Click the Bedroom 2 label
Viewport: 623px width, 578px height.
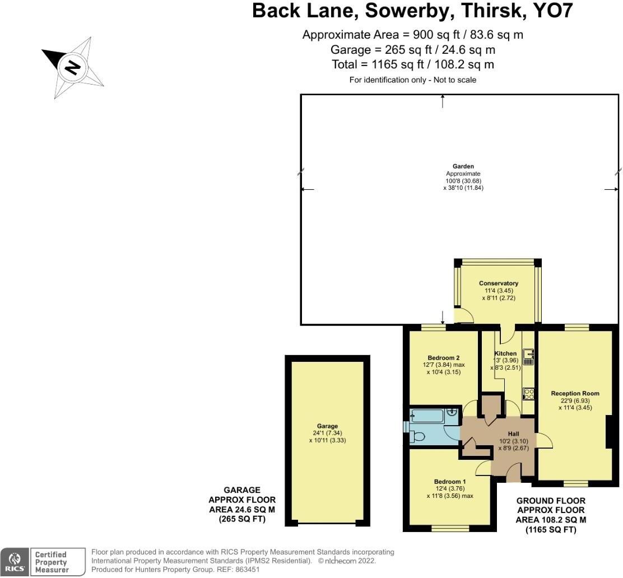pos(443,358)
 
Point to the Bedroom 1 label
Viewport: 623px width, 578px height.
pos(449,481)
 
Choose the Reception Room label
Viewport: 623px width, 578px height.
pos(575,393)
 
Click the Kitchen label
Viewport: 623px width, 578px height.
pos(505,353)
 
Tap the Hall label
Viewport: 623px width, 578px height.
pos(514,434)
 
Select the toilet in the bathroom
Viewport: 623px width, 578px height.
pos(416,437)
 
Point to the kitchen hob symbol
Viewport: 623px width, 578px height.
pos(528,393)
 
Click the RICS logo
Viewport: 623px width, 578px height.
pos(15,562)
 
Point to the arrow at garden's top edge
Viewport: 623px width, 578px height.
pos(443,101)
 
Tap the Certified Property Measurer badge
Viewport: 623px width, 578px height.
pos(50,562)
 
